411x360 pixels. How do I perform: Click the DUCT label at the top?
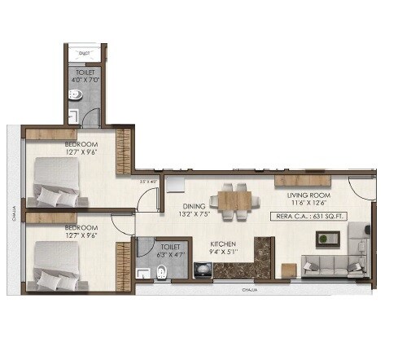click(x=84, y=54)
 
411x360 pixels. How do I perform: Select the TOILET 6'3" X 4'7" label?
click(x=170, y=248)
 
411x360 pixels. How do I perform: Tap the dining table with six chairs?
click(x=234, y=200)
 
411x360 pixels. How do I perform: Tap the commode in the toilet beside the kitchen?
click(x=160, y=271)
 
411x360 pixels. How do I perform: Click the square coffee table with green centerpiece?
click(x=327, y=239)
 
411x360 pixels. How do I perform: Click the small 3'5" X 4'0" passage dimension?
click(x=147, y=182)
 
